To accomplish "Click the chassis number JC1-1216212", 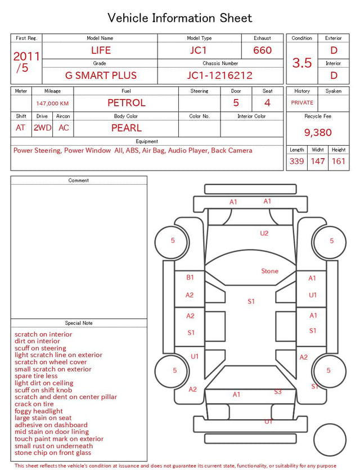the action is [220, 75].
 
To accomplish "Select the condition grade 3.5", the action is [302, 62].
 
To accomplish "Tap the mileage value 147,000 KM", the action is [52, 104].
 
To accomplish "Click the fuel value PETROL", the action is [127, 103].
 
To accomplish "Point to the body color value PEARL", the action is [127, 128].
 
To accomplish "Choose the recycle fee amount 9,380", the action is [318, 132].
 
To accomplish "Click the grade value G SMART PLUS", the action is [101, 75].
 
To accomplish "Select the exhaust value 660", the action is [262, 50].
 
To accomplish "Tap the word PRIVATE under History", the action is [302, 102].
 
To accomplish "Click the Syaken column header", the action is [334, 91].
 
